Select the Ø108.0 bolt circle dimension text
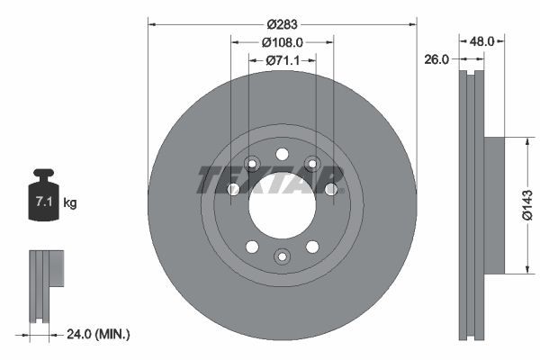tap(282, 41)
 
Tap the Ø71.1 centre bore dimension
tap(282, 60)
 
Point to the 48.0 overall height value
tap(483, 40)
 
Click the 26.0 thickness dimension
tap(436, 60)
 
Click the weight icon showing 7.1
tap(42, 199)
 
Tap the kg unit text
tap(70, 203)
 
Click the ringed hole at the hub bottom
tap(282, 257)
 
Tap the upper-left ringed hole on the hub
tap(252, 163)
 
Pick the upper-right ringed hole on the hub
tap(311, 163)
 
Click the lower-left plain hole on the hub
tap(252, 247)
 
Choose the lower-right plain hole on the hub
tap(311, 247)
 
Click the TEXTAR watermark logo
tap(270, 179)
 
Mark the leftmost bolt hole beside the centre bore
tap(232, 189)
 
